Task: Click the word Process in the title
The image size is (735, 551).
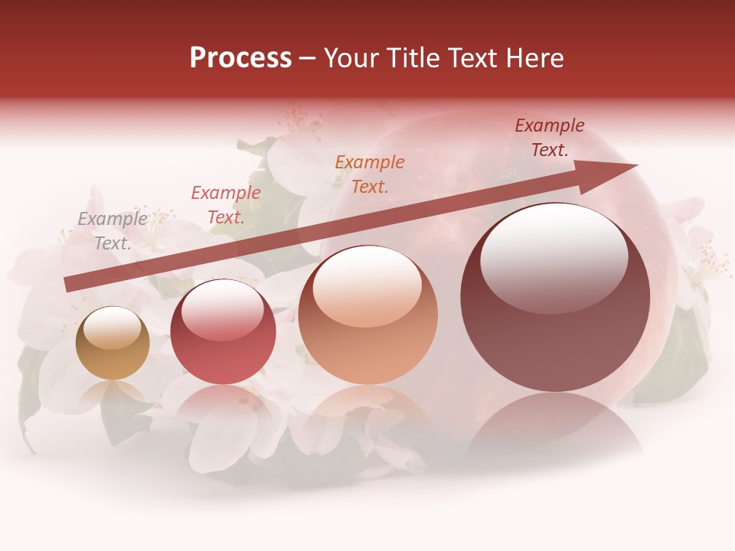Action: coord(240,58)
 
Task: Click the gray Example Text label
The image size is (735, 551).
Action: coord(113,230)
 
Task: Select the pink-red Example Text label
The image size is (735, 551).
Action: coord(225,205)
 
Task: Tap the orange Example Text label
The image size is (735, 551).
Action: coord(370,174)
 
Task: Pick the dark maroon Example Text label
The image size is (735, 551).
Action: coord(549,138)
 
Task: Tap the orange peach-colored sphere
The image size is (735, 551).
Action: coord(367,315)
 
